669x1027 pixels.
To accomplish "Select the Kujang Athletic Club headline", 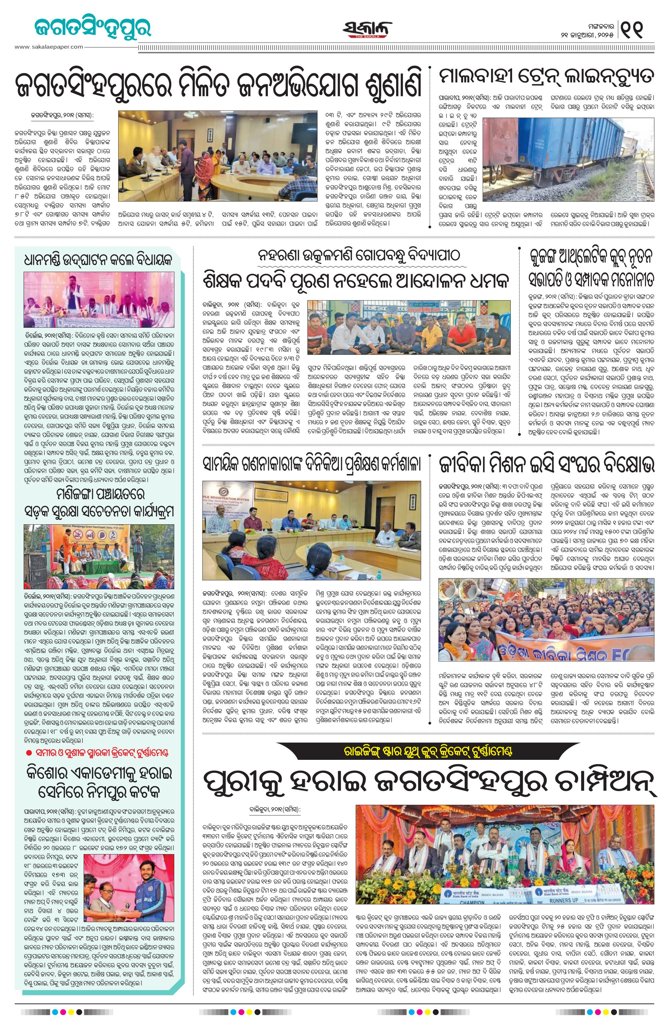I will click(591, 271).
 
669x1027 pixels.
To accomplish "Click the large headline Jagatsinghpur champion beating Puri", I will click(430, 780).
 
